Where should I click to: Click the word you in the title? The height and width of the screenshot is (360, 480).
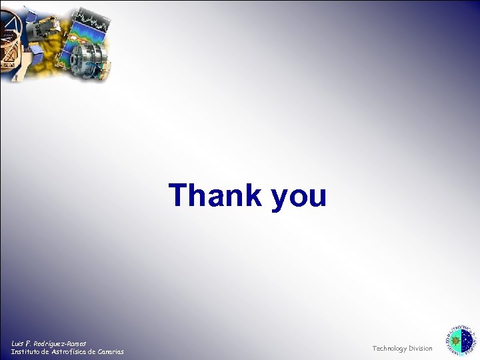[299, 197]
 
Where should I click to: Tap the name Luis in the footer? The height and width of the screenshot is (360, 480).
[18, 343]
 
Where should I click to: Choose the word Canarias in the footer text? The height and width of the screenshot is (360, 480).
[109, 351]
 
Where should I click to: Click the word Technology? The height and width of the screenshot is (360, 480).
[389, 348]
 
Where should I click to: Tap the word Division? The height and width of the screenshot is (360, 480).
[421, 348]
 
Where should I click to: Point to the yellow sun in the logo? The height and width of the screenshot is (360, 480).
[455, 341]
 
